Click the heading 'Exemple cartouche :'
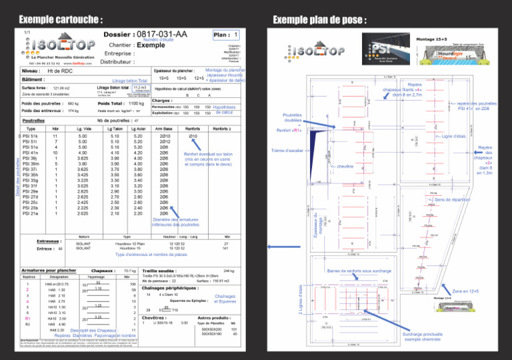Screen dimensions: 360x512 tap(61, 18)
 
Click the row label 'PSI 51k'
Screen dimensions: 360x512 tap(30, 136)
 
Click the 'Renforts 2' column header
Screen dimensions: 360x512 tap(221, 128)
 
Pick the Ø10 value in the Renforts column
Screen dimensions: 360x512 tap(193, 136)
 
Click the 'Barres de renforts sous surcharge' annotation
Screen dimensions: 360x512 tap(358, 271)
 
